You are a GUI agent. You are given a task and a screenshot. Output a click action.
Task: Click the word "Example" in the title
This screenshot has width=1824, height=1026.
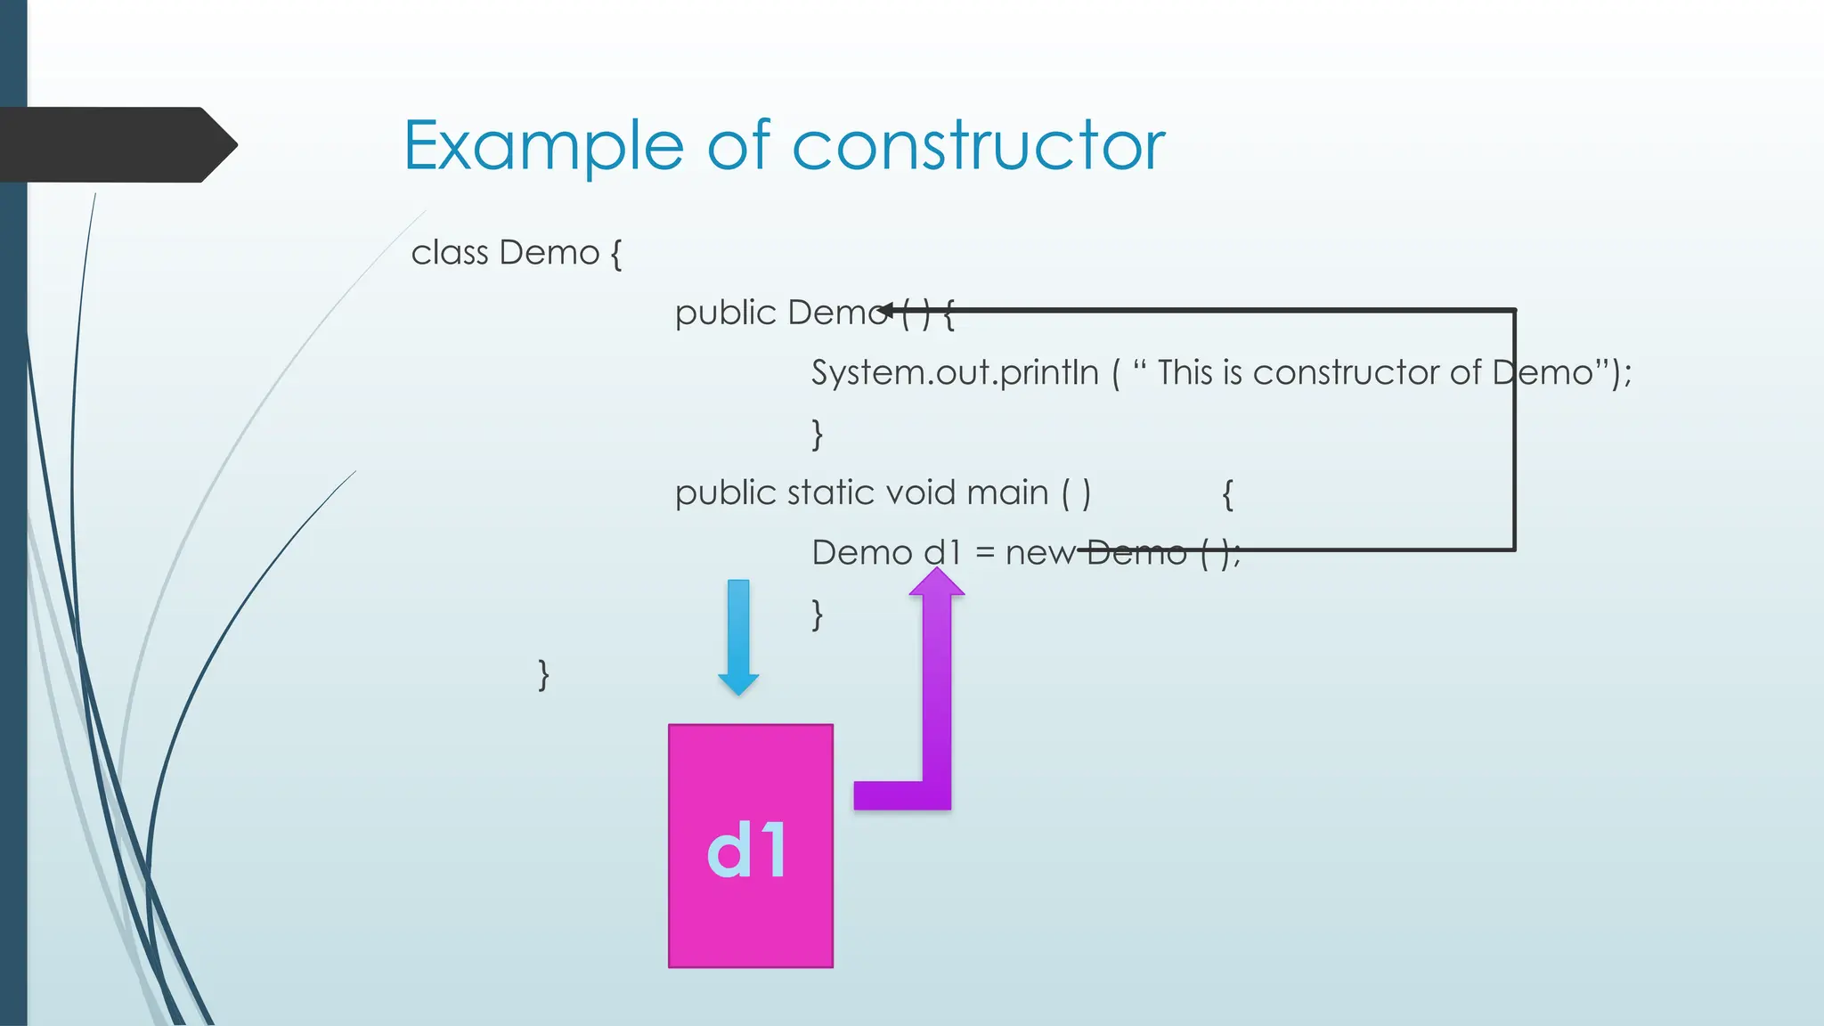[x=543, y=146]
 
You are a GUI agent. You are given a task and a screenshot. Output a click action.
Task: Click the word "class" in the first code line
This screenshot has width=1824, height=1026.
[x=449, y=253]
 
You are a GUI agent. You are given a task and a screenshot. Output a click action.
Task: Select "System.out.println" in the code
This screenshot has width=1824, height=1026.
[x=955, y=372]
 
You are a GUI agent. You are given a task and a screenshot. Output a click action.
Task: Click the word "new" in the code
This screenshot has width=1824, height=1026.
[x=1039, y=553]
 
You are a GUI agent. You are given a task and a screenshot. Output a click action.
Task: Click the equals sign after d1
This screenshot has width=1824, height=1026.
[x=984, y=553]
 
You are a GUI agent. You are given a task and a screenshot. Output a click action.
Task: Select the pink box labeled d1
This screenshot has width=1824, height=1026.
[x=750, y=846]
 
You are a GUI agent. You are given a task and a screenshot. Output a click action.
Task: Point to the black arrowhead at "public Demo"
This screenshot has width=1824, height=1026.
[x=886, y=311]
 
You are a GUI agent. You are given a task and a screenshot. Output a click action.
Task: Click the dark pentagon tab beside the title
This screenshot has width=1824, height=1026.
[x=116, y=144]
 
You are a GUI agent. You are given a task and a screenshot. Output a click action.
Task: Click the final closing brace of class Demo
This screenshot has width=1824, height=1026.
[x=543, y=674]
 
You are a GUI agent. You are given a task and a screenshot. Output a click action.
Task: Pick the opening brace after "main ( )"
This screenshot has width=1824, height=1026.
[x=1227, y=493]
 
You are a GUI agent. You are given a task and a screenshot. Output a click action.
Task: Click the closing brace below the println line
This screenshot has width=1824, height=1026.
[x=817, y=434]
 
